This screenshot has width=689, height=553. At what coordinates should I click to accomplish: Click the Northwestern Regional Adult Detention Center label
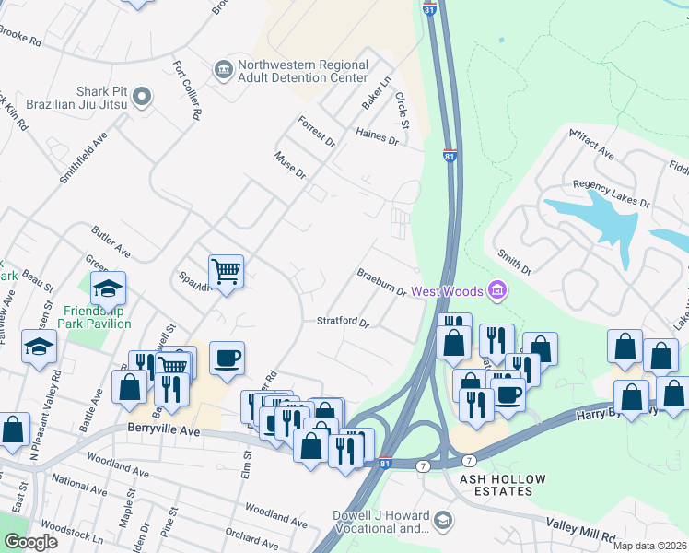[303, 72]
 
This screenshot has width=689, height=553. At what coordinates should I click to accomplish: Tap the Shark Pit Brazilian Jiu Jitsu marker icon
[141, 96]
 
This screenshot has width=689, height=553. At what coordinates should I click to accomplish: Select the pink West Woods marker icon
[497, 291]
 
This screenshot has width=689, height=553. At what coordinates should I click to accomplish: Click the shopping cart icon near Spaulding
[226, 272]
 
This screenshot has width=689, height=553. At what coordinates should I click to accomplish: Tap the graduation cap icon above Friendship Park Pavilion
[108, 288]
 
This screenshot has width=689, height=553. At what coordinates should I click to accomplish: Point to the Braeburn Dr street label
[382, 283]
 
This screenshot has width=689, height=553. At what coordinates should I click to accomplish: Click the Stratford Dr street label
[343, 323]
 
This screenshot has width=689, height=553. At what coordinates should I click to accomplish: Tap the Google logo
[30, 542]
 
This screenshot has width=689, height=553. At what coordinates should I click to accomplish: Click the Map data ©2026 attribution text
[649, 546]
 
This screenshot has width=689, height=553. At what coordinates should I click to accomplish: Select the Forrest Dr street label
[316, 131]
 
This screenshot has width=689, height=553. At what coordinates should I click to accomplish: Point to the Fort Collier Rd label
[185, 91]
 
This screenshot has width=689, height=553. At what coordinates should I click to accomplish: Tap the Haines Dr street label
[377, 137]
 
